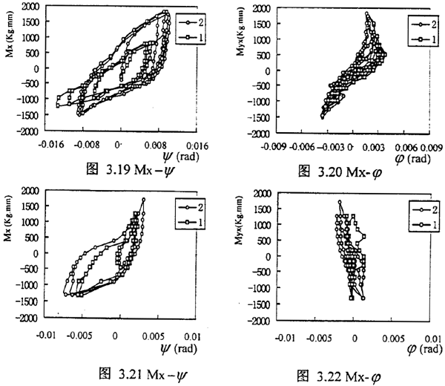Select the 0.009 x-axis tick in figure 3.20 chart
coord(432,147)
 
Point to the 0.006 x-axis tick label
coord(406,147)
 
